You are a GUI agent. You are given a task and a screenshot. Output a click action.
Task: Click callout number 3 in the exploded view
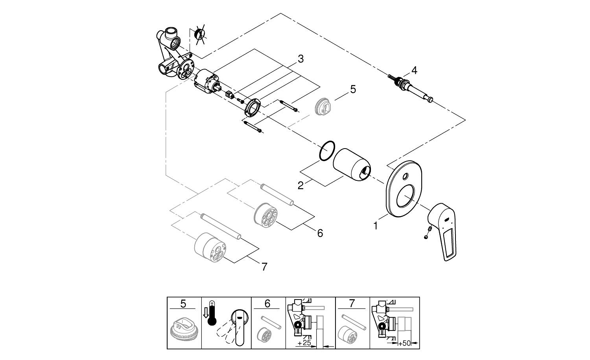(301, 59)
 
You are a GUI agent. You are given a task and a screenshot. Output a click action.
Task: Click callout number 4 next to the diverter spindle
(403, 70)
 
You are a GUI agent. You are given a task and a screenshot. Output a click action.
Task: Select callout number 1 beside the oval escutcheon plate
(376, 226)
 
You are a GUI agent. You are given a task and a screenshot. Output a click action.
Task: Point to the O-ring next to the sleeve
(327, 151)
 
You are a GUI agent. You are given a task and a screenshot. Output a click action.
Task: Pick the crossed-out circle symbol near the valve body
(200, 34)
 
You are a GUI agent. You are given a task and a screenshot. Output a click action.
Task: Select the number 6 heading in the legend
(268, 303)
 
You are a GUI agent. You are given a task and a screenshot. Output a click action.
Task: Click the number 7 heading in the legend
(352, 303)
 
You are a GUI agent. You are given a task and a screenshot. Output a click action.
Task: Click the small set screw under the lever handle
(426, 237)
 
